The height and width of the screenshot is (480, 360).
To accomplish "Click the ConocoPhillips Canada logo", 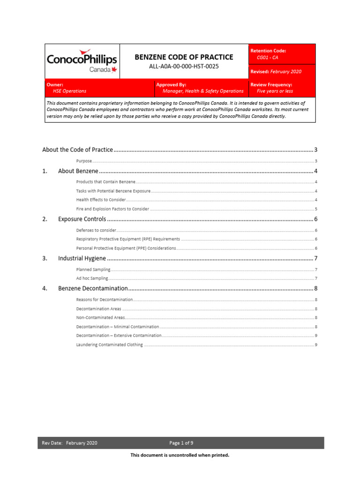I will [82, 61].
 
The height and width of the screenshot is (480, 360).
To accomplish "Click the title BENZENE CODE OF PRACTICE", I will [184, 57].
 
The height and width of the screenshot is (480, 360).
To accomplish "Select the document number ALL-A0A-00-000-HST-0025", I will [184, 67].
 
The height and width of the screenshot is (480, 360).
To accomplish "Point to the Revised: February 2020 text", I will [276, 72].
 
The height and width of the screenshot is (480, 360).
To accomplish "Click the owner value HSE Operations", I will [69, 91].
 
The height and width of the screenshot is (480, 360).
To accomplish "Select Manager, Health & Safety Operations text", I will [203, 91].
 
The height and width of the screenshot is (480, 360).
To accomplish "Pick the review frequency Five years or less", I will [275, 91].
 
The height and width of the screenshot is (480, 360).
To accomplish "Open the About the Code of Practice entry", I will [77, 150].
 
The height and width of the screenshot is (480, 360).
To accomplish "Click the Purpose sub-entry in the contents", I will [84, 161].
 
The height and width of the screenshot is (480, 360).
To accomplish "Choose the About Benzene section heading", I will [78, 171].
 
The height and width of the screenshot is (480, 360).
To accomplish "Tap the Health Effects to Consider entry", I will [101, 200].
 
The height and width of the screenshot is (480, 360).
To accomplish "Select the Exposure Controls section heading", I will [82, 219].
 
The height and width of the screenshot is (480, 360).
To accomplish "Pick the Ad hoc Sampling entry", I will [92, 278].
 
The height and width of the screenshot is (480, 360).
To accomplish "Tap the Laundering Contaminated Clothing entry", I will [109, 345].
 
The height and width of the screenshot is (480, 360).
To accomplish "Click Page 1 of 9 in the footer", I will [181, 443].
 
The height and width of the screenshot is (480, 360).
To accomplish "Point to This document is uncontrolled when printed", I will [180, 455].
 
